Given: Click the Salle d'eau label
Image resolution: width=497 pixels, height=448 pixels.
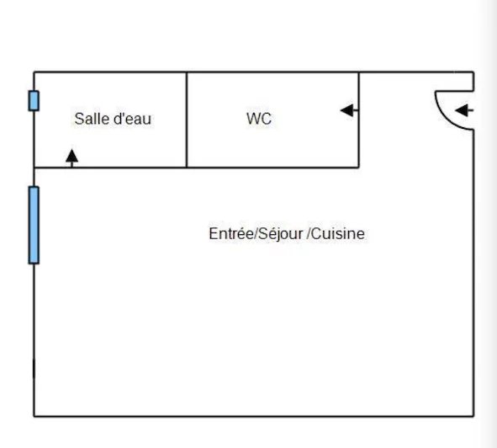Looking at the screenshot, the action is [113, 119].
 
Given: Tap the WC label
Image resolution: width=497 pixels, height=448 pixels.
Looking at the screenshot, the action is [259, 119].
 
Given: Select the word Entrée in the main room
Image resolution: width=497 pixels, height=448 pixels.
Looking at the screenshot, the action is [231, 233].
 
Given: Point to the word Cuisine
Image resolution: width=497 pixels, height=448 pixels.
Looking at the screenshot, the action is [337, 233].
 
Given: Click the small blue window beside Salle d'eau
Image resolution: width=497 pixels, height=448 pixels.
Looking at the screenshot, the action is [34, 101].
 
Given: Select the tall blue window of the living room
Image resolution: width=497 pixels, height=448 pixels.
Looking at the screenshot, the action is [34, 225].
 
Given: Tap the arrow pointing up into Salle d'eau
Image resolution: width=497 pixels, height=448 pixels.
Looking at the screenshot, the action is [72, 157].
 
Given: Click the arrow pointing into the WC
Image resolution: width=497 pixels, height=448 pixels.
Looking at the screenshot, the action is [349, 110].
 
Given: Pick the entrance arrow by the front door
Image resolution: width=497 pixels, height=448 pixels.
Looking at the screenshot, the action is [464, 110].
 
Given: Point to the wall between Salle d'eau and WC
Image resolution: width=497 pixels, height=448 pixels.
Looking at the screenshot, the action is [187, 120].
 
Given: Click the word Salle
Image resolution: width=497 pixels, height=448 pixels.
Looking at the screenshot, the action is [92, 119].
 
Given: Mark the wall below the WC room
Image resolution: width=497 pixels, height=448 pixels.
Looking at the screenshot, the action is [273, 167].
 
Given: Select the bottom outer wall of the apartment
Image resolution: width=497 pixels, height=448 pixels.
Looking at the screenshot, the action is [254, 416].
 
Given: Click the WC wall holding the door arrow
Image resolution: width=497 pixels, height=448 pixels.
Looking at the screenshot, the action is [359, 120].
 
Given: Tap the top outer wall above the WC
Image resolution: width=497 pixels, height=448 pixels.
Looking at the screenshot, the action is [273, 72].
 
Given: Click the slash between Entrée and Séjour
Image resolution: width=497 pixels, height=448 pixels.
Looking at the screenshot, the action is [256, 234].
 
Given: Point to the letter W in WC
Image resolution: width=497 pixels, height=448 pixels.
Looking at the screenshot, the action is [254, 119].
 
